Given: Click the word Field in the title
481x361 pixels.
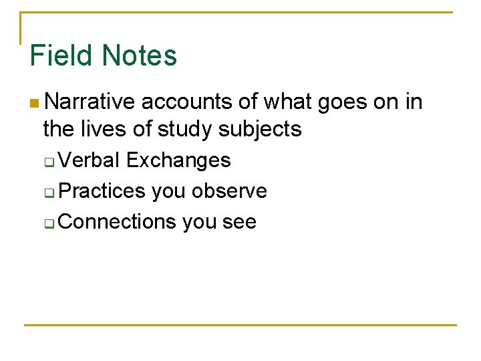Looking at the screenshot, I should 59,55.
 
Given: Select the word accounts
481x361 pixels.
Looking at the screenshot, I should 188,102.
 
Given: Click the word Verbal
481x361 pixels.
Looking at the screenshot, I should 90,160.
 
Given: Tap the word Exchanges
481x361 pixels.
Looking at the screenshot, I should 178,161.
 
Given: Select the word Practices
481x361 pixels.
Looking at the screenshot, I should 102,191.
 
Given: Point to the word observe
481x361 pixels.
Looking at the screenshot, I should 229,191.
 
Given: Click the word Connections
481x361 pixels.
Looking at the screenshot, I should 116,221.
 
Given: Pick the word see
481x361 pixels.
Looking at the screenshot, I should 238,222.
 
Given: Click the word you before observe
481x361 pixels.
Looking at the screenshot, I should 168,192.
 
